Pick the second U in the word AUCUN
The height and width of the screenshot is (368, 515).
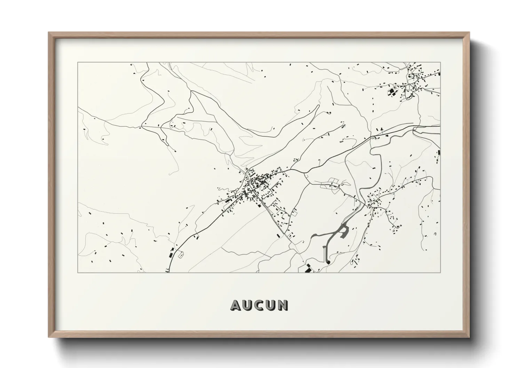point(271,305)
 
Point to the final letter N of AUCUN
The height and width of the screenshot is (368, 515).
point(283,305)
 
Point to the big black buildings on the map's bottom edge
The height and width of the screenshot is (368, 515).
point(308,269)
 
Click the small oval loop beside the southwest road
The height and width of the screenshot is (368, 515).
point(181,255)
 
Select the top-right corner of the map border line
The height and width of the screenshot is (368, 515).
point(440,63)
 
